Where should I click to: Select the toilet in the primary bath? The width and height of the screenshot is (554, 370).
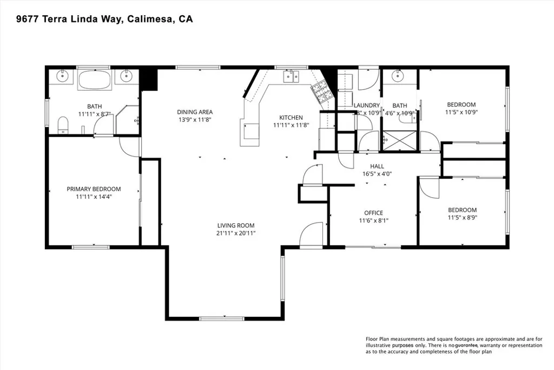pos(63,125)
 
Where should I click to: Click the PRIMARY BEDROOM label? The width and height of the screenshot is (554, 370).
pos(94,189)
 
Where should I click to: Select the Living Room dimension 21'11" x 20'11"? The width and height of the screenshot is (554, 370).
pos(236,233)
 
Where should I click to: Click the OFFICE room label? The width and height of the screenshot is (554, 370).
pos(373,213)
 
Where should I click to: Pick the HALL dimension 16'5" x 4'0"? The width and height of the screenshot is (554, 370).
pos(377,174)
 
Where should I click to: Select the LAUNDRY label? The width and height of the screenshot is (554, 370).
pos(367,106)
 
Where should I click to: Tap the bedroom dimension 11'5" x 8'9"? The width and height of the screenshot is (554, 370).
pos(462,218)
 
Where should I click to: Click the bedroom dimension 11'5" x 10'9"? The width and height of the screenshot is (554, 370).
pos(461,113)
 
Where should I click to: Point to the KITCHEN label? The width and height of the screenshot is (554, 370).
pos(291,118)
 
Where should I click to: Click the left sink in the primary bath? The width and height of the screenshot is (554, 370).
pos(62,75)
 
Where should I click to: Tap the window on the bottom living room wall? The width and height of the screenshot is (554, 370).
pos(222,318)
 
